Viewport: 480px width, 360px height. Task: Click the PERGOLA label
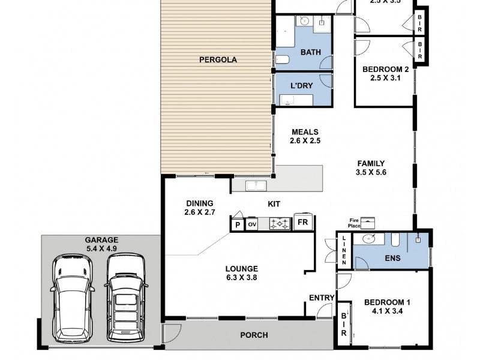[218, 59]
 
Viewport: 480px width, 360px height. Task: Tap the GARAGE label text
[101, 240]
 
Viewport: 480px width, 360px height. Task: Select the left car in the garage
[73, 298]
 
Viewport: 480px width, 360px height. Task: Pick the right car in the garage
[126, 298]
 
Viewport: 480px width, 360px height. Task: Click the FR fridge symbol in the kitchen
[303, 222]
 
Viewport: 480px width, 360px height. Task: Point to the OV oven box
[252, 224]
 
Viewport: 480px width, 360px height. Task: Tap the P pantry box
[238, 225]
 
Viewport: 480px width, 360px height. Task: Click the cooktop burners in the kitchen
[280, 223]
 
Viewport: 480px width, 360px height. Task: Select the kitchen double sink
[256, 185]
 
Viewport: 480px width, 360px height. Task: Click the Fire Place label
[354, 223]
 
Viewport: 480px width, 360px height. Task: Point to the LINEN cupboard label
[344, 250]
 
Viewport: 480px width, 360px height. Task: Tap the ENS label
[392, 259]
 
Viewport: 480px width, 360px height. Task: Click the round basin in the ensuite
[369, 239]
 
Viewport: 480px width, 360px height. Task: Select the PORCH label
[254, 335]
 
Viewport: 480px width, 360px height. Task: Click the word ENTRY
[322, 298]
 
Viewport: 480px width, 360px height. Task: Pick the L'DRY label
[302, 86]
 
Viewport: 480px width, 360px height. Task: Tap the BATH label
[311, 52]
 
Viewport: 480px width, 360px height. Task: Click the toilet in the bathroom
[283, 59]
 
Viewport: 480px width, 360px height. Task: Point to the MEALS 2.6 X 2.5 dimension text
[305, 137]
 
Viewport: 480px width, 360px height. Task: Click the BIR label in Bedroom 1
[344, 324]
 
